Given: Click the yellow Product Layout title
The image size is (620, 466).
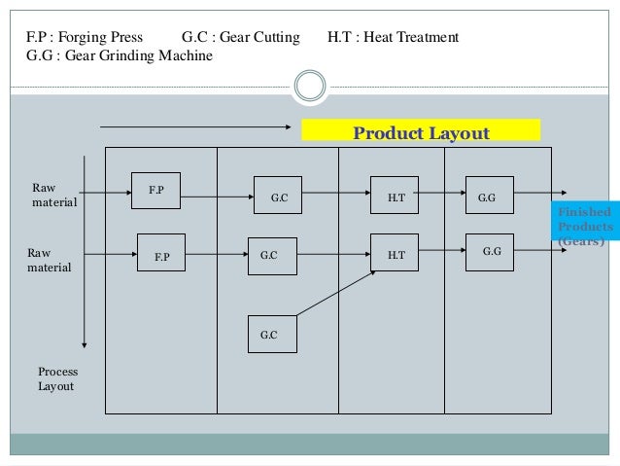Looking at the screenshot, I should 421,132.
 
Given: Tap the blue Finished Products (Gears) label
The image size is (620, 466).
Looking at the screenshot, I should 585,226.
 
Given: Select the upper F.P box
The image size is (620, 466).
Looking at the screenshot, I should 156,191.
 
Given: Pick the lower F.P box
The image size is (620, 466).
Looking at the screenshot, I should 161,256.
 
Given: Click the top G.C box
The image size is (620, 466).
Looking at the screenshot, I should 278,198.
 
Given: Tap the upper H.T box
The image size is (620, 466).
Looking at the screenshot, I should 396,197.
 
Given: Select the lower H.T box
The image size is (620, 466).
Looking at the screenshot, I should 396,255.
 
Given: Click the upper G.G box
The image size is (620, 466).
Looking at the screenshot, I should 488,197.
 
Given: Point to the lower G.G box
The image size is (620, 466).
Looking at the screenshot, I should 490,252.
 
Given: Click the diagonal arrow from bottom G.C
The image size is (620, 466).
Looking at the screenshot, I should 335,292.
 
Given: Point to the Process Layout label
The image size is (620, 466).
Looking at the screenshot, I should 57,378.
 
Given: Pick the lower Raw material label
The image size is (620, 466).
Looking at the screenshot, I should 52,257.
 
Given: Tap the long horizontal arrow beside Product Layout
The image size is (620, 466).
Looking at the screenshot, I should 195,125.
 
